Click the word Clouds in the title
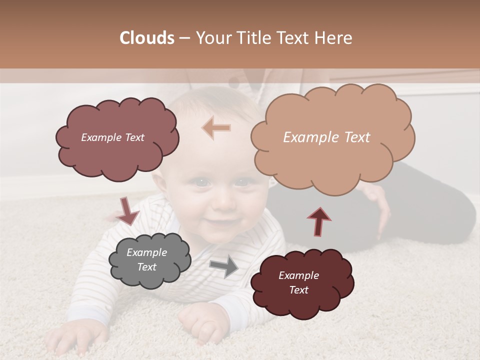146,38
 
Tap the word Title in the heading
253,38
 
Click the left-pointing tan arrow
216,128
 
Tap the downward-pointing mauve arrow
127,211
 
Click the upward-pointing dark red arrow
319,221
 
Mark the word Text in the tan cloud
353,137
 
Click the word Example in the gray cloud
146,252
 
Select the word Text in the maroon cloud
298,290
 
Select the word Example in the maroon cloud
298,275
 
